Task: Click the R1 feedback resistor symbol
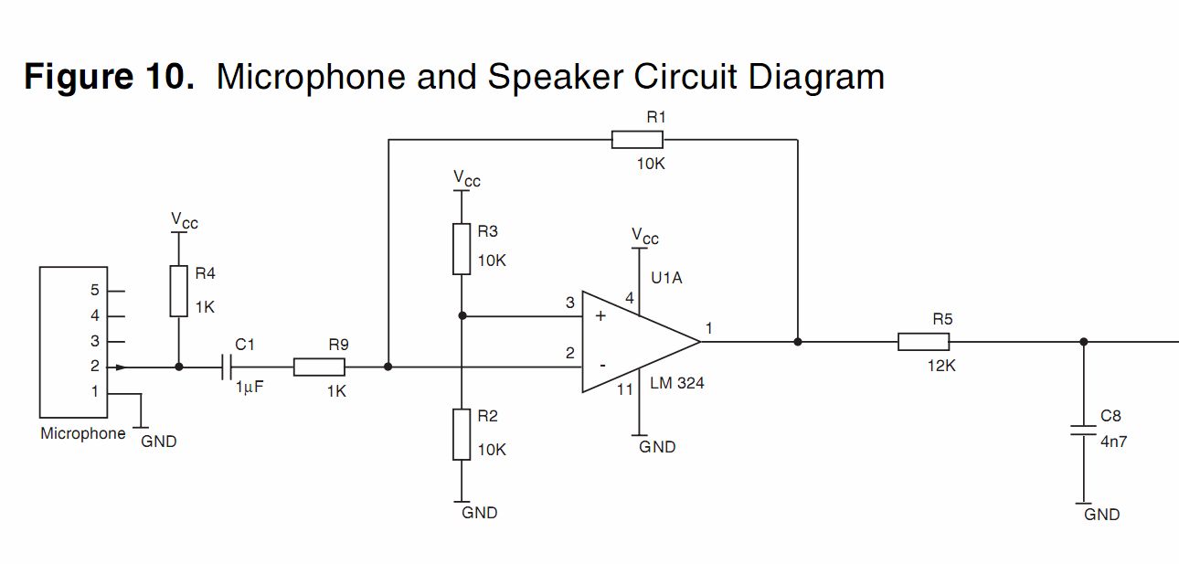pyautogui.click(x=637, y=140)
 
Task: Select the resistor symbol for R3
pyautogui.click(x=462, y=249)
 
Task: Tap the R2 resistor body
pyautogui.click(x=462, y=435)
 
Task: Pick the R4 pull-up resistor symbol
pyautogui.click(x=179, y=292)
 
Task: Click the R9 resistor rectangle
pyautogui.click(x=319, y=367)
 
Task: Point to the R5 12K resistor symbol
pyautogui.click(x=923, y=342)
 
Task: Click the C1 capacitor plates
pyautogui.click(x=227, y=367)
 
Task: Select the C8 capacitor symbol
pyautogui.click(x=1084, y=431)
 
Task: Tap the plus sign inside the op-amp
pyautogui.click(x=600, y=316)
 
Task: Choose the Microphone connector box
pyautogui.click(x=73, y=342)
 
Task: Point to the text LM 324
pyautogui.click(x=677, y=384)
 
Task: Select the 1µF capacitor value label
pyautogui.click(x=250, y=388)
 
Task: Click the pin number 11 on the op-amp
pyautogui.click(x=624, y=390)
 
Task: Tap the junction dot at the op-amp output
pyautogui.click(x=798, y=342)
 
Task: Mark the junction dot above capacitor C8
pyautogui.click(x=1084, y=342)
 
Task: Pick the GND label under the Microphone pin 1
pyautogui.click(x=159, y=442)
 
